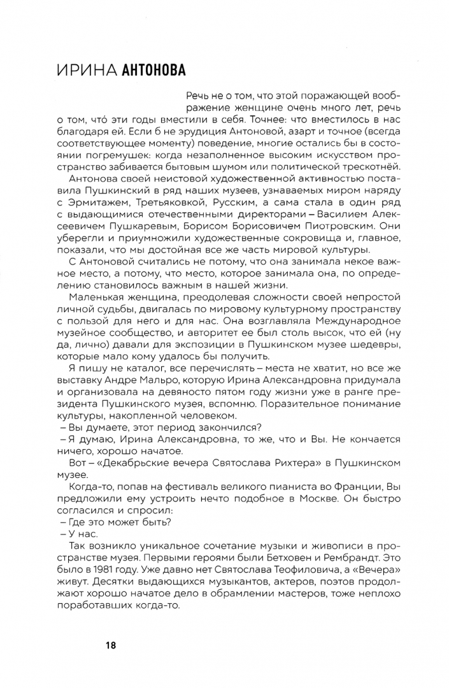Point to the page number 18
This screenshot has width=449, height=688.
(111, 645)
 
